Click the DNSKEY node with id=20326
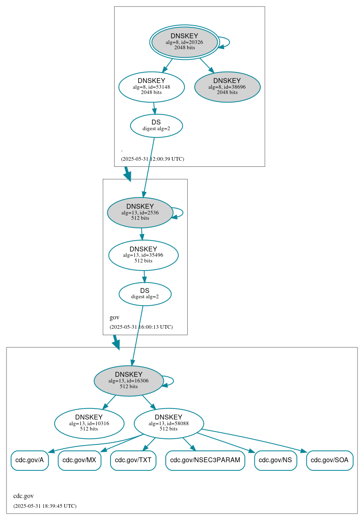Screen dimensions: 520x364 tap(184, 42)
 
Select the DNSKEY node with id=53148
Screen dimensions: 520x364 tap(152, 87)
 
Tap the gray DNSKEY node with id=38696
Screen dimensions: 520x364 tap(227, 87)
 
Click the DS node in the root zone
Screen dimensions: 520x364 tap(156, 126)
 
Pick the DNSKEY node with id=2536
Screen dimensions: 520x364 tap(140, 212)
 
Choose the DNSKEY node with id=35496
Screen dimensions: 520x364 tap(143, 255)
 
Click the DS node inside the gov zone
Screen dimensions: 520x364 tap(145, 294)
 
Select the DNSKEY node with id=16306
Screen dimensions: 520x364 tap(129, 381)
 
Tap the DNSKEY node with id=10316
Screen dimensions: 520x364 tap(89, 423)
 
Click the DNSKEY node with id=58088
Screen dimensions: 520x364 tap(169, 423)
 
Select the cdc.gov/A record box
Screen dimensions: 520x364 tap(30, 461)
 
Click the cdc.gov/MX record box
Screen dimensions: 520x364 tap(79, 461)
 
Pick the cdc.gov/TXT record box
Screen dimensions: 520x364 tap(133, 461)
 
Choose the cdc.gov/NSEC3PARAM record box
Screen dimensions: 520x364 tap(205, 461)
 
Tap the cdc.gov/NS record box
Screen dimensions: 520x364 tap(275, 461)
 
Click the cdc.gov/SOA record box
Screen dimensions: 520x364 tap(329, 461)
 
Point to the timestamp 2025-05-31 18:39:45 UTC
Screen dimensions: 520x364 tap(45, 506)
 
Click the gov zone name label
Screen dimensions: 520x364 tap(115, 317)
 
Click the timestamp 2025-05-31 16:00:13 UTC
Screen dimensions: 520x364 tap(141, 327)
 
